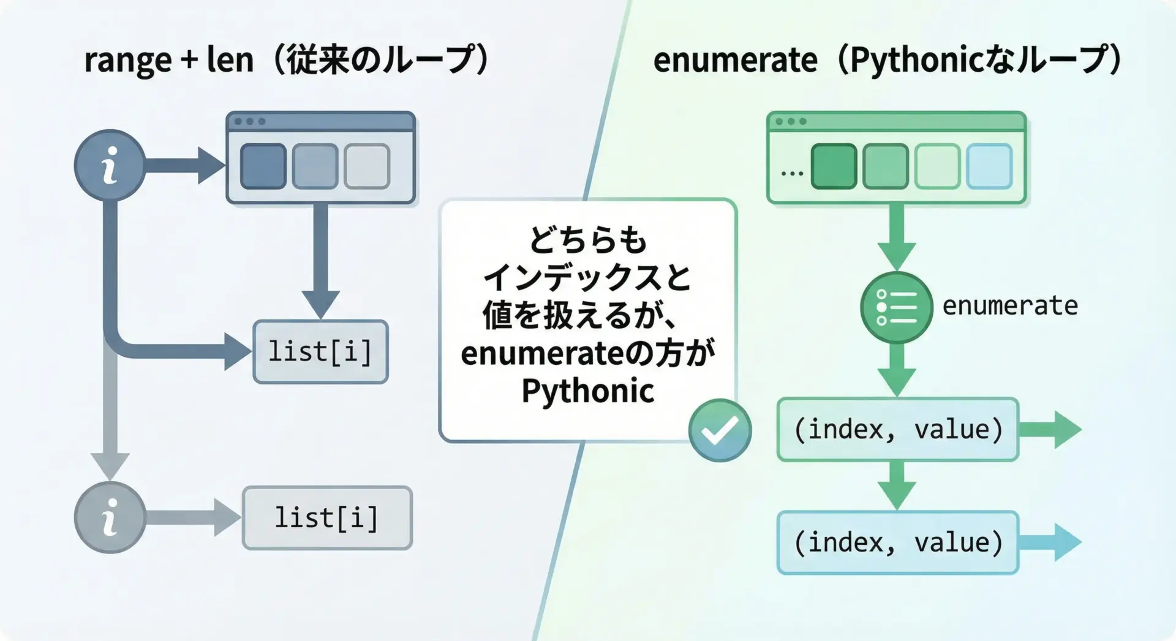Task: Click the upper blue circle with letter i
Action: click(x=110, y=165)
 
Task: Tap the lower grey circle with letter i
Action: click(x=110, y=517)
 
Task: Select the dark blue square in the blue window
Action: click(x=263, y=166)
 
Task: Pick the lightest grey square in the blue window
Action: click(x=367, y=166)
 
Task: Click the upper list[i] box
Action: click(x=320, y=352)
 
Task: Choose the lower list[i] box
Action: click(x=327, y=518)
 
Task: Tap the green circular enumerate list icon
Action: click(x=896, y=307)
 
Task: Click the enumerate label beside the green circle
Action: click(x=1010, y=306)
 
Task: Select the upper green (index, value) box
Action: click(x=898, y=429)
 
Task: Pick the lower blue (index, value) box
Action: click(x=898, y=542)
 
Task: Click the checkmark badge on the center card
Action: click(x=720, y=430)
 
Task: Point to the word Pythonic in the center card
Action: click(x=588, y=391)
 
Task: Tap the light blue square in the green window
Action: click(x=989, y=166)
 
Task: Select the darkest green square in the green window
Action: click(x=834, y=166)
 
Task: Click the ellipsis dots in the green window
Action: click(x=792, y=174)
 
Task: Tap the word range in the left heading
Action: click(x=128, y=61)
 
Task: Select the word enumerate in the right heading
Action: click(x=735, y=60)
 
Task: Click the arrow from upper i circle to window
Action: click(x=184, y=165)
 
